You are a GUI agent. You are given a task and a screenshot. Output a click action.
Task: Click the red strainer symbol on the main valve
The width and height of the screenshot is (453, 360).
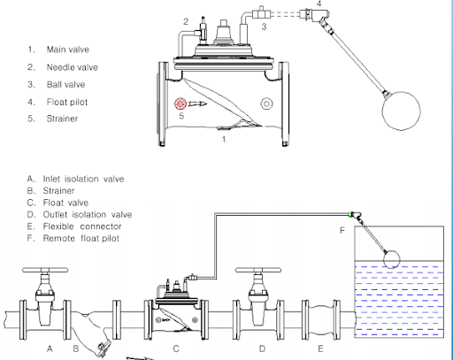pyautogui.click(x=180, y=103)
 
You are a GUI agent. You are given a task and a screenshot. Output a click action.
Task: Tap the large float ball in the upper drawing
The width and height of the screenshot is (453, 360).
pyautogui.click(x=401, y=111)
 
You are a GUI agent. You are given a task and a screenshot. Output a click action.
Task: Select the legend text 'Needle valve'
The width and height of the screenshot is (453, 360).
pyautogui.click(x=73, y=67)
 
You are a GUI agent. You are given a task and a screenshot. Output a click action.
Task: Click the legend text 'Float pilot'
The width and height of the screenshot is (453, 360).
pyautogui.click(x=67, y=103)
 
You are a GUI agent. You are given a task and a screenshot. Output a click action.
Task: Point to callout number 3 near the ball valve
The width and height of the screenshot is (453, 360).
pyautogui.click(x=264, y=27)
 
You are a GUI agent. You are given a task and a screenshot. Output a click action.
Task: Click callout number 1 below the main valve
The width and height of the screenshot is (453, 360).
pyautogui.click(x=224, y=139)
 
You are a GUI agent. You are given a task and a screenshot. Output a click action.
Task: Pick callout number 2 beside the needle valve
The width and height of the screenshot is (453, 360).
pyautogui.click(x=186, y=21)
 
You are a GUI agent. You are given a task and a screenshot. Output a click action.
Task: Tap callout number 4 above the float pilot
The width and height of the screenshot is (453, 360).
pyautogui.click(x=319, y=4)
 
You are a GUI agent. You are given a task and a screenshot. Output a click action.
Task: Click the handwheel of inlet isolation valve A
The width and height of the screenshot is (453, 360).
pyautogui.click(x=45, y=270)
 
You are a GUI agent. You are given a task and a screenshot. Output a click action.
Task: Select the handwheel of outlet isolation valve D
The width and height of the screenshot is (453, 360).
pyautogui.click(x=258, y=270)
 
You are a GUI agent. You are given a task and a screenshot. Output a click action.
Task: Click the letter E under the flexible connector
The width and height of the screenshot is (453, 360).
pyautogui.click(x=320, y=349)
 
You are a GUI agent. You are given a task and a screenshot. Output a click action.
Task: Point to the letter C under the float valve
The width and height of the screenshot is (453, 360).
pyautogui.click(x=176, y=349)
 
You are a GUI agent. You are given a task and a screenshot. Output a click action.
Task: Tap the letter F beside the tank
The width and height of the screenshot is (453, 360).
pyautogui.click(x=342, y=231)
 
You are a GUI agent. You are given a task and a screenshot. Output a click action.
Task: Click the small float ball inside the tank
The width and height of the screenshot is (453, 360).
pyautogui.click(x=392, y=259)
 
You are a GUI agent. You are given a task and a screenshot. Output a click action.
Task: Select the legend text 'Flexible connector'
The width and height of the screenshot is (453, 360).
pyautogui.click(x=82, y=226)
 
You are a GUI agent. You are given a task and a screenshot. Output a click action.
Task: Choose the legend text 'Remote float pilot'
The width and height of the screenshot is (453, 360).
pyautogui.click(x=81, y=238)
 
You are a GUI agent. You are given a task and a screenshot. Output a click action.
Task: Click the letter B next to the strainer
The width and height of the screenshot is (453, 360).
pyautogui.click(x=76, y=349)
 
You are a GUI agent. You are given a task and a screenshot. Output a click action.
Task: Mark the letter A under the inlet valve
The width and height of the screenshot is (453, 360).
pyautogui.click(x=50, y=349)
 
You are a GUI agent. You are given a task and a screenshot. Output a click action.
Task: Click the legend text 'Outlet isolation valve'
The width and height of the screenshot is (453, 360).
pyautogui.click(x=88, y=215)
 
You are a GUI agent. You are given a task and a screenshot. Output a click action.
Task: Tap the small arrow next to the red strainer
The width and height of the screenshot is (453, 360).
pyautogui.click(x=197, y=103)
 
